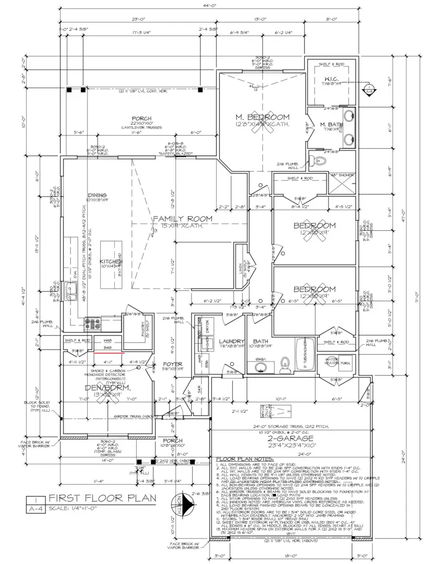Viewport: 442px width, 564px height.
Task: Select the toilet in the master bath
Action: point(314,159)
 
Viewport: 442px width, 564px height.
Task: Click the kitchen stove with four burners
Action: point(93,324)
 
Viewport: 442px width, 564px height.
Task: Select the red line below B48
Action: point(109,353)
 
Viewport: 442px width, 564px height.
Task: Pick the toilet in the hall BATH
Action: point(285,364)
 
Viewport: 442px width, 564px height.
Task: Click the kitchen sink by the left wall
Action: point(72,289)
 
